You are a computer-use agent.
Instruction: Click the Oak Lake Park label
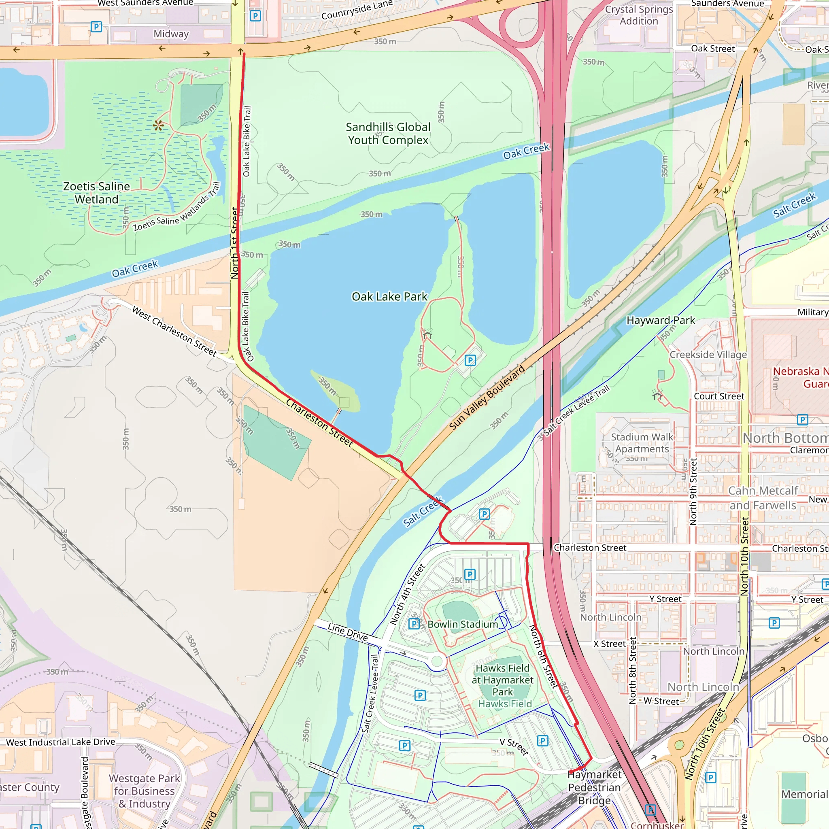(x=389, y=296)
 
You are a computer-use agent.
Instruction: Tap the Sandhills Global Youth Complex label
(x=388, y=134)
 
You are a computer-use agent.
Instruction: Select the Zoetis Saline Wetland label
(x=97, y=193)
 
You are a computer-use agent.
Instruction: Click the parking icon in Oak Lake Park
(x=470, y=360)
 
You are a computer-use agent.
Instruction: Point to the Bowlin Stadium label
(x=463, y=624)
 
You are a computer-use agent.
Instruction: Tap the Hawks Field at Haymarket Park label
(x=502, y=680)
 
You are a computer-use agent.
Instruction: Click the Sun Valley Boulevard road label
(x=487, y=397)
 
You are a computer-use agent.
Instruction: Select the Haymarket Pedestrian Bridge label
(x=594, y=787)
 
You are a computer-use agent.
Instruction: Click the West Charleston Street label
(x=174, y=331)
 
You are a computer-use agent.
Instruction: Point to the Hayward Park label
(x=660, y=320)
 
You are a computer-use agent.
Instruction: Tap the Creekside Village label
(x=708, y=355)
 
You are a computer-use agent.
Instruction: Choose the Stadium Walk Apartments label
(x=642, y=443)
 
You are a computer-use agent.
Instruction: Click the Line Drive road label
(x=348, y=632)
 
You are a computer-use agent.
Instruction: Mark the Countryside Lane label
(x=357, y=10)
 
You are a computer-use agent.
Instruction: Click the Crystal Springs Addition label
(x=638, y=15)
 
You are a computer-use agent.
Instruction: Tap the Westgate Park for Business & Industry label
(x=145, y=791)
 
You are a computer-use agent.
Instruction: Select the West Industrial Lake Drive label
(x=60, y=742)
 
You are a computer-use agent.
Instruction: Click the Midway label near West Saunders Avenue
(x=171, y=34)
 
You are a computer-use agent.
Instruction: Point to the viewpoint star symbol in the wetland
(x=158, y=125)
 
